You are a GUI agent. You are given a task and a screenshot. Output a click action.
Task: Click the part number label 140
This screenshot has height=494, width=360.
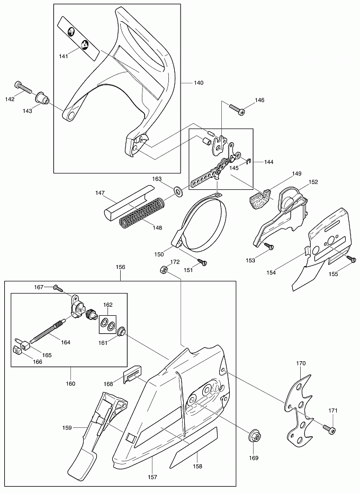pyautogui.click(x=199, y=83)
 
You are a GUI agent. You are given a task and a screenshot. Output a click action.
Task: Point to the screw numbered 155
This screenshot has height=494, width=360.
pyautogui.click(x=351, y=258)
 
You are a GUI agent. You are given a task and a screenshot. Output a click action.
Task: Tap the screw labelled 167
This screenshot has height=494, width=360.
pyautogui.click(x=57, y=287)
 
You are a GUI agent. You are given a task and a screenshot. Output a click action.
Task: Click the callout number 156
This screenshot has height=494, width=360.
pyautogui.click(x=120, y=267)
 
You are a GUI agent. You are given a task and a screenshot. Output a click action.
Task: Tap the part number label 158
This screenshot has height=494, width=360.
pyautogui.click(x=197, y=466)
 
